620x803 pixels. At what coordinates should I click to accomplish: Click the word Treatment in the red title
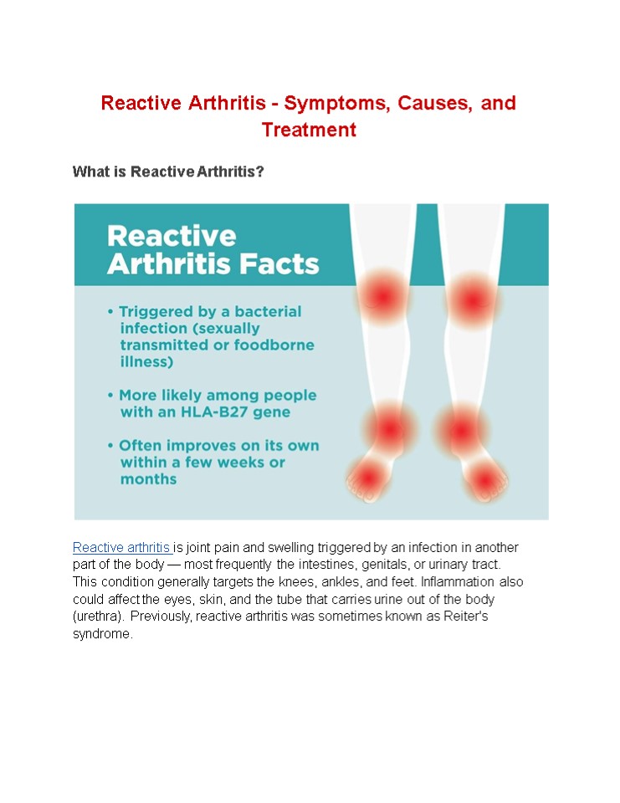(309, 130)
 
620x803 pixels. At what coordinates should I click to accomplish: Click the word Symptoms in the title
(330, 103)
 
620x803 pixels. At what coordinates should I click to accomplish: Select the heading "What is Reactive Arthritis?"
(168, 171)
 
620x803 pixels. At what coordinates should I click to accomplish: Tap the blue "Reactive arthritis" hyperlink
(121, 547)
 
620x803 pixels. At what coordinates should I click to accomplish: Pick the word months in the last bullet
(148, 479)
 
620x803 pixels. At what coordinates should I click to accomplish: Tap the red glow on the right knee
(472, 299)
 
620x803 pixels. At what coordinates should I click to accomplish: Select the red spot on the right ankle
(460, 431)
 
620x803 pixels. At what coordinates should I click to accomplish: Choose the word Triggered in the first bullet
(159, 311)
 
